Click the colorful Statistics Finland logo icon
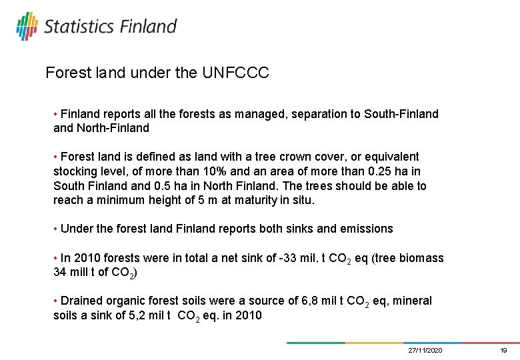(27, 26)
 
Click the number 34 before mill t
(60, 272)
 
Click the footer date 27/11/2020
(425, 351)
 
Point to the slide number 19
(504, 351)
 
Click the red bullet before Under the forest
(55, 229)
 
